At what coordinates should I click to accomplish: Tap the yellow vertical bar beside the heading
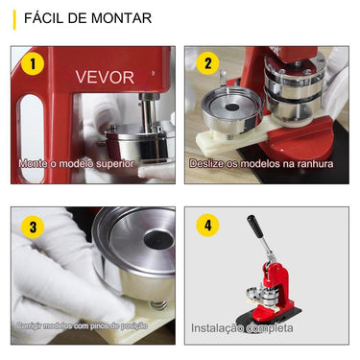click(x=14, y=18)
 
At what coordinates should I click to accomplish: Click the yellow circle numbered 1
click(x=35, y=65)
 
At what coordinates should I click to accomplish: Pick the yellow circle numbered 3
click(x=35, y=228)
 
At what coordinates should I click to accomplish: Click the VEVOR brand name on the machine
click(x=106, y=78)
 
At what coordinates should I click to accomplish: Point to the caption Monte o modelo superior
click(x=77, y=164)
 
